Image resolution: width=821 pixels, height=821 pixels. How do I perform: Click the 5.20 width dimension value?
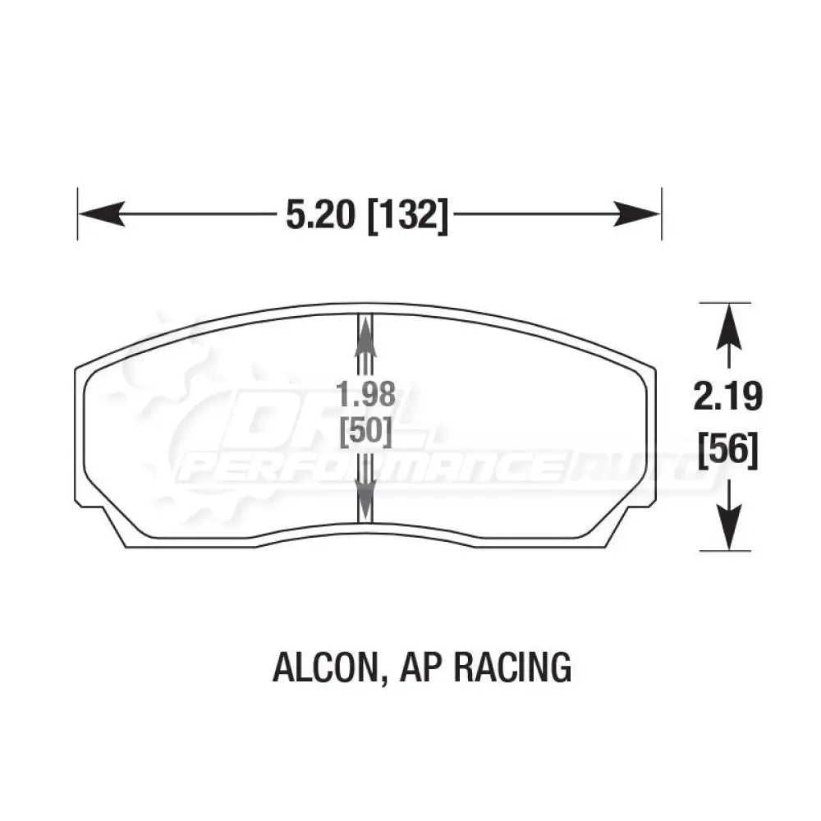click(320, 214)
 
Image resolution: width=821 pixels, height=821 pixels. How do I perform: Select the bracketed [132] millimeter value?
click(408, 215)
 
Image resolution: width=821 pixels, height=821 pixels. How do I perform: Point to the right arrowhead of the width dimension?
click(637, 213)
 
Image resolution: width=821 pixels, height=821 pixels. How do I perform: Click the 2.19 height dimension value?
click(727, 397)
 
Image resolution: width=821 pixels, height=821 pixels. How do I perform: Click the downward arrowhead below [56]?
click(729, 526)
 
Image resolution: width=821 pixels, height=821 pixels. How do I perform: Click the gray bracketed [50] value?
click(365, 433)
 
